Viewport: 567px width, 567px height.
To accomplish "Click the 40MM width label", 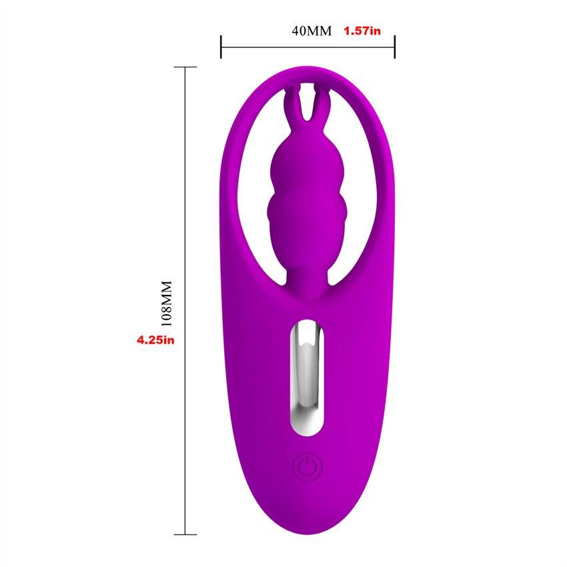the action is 312,31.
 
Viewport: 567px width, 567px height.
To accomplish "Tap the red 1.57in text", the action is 362,31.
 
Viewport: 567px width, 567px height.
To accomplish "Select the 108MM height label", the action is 166,304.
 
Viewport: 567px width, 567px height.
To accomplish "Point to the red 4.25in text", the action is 155,340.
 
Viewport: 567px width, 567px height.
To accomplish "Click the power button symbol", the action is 307,467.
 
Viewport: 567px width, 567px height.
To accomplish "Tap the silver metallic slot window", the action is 307,377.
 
